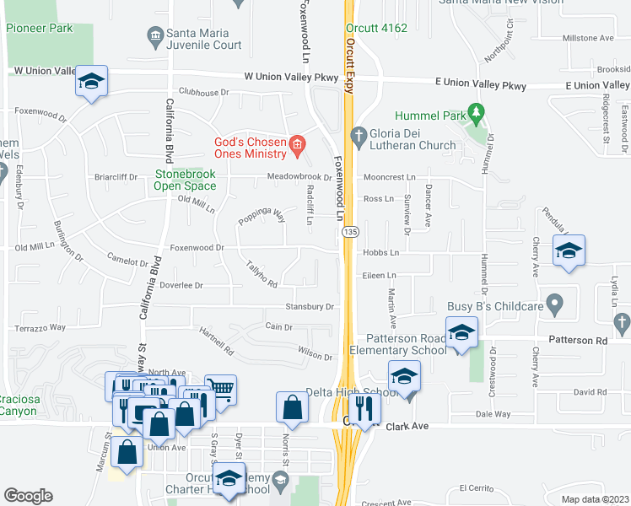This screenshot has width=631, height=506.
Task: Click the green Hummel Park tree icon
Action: [x=477, y=112]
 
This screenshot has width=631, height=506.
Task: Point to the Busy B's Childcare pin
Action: [x=554, y=301]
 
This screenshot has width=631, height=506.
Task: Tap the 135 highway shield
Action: [x=347, y=230]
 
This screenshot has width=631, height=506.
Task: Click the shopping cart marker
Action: [x=220, y=390]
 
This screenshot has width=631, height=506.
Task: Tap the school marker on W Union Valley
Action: [x=91, y=81]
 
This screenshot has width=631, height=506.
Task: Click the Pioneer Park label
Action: [x=40, y=28]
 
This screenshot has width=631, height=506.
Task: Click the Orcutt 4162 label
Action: [x=376, y=28]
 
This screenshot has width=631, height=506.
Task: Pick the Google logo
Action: [x=28, y=496]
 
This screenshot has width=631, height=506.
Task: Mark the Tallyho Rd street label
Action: [x=261, y=274]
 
